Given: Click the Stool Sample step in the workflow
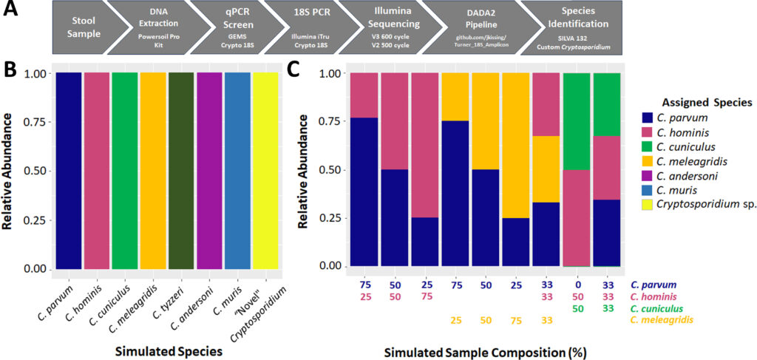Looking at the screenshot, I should click(x=78, y=27).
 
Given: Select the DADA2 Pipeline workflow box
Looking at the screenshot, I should click(x=474, y=27).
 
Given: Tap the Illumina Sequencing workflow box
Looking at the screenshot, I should click(x=391, y=27).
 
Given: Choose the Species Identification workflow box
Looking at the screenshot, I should click(x=570, y=27).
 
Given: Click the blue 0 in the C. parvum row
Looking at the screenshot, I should click(x=577, y=284).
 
